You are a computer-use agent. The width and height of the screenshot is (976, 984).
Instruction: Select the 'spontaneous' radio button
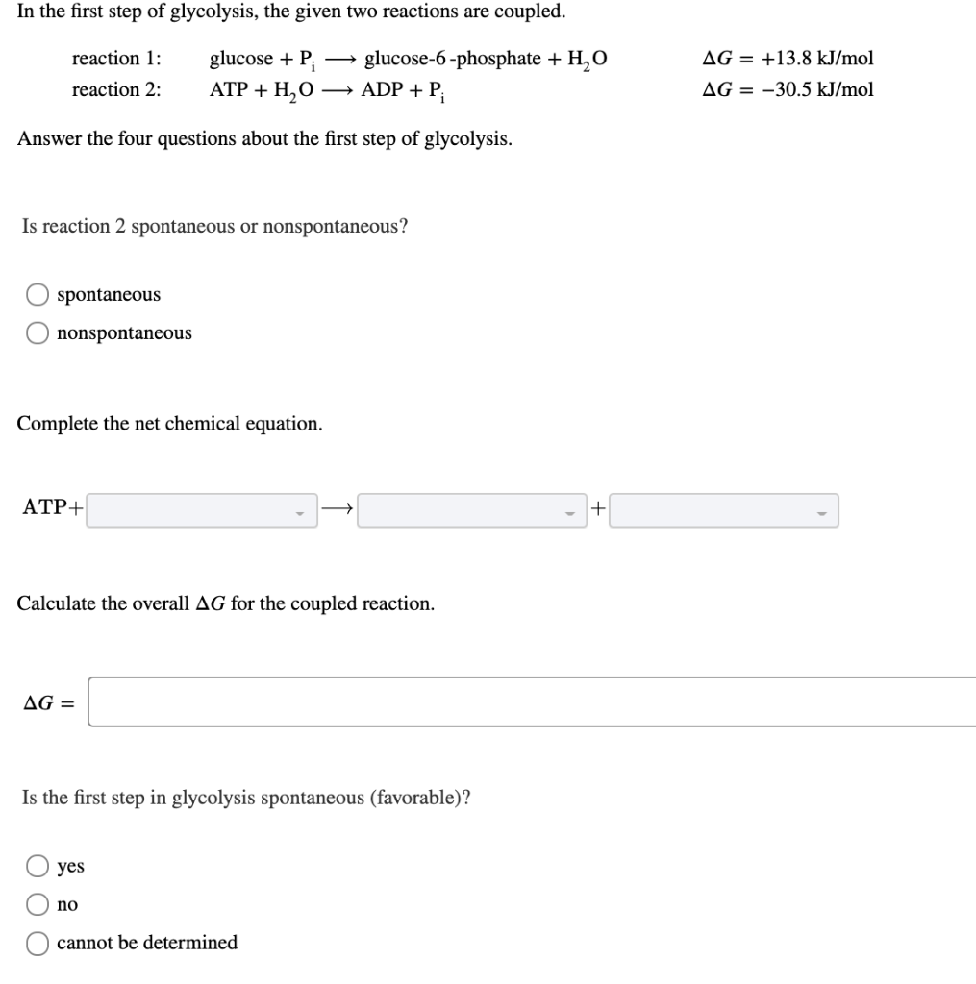coord(38,294)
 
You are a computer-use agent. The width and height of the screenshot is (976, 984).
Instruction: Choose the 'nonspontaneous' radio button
coord(38,333)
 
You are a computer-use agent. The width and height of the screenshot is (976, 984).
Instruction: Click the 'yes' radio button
coord(38,866)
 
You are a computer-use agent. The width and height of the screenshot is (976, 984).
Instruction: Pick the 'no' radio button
coord(38,904)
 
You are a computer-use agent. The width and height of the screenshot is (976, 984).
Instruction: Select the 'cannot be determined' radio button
coord(38,943)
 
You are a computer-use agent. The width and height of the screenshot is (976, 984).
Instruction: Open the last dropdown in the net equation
coord(724,510)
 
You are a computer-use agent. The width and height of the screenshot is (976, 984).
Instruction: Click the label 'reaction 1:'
coord(116,59)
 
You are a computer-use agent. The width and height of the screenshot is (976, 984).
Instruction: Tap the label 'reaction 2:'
coord(116,90)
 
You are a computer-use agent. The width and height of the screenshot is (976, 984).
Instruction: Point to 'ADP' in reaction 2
coord(380,90)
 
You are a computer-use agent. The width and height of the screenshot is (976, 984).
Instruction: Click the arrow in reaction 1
coord(339,60)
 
